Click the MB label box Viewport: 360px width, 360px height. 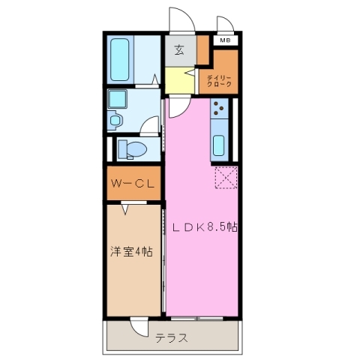(x=225, y=40)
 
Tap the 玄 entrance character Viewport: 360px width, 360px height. (x=180, y=51)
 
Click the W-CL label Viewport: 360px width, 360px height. (x=133, y=184)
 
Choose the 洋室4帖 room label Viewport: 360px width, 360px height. (x=133, y=252)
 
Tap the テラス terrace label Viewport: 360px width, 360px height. (x=172, y=337)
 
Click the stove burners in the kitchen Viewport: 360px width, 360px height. (x=220, y=110)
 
